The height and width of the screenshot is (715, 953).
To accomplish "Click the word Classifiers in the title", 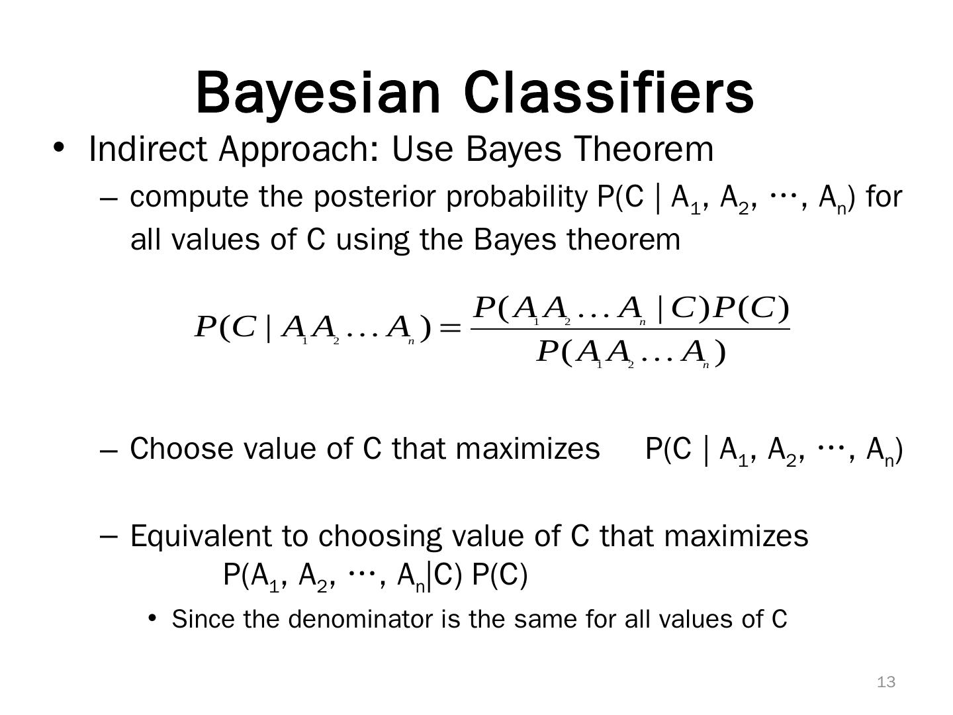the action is point(609,92).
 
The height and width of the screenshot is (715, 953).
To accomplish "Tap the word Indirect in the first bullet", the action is point(148,149).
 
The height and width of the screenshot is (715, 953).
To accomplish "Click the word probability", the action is point(516,197).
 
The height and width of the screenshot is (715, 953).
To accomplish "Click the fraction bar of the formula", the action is point(630,328).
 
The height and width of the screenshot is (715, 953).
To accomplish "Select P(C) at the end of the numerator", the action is point(750,309).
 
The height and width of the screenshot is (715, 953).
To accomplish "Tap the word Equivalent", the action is point(201,536).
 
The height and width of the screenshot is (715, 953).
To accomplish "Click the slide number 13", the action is point(886,682).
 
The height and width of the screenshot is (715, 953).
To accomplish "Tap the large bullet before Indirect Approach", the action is point(58,147).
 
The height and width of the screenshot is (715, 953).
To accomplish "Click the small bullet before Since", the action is point(152,618).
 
